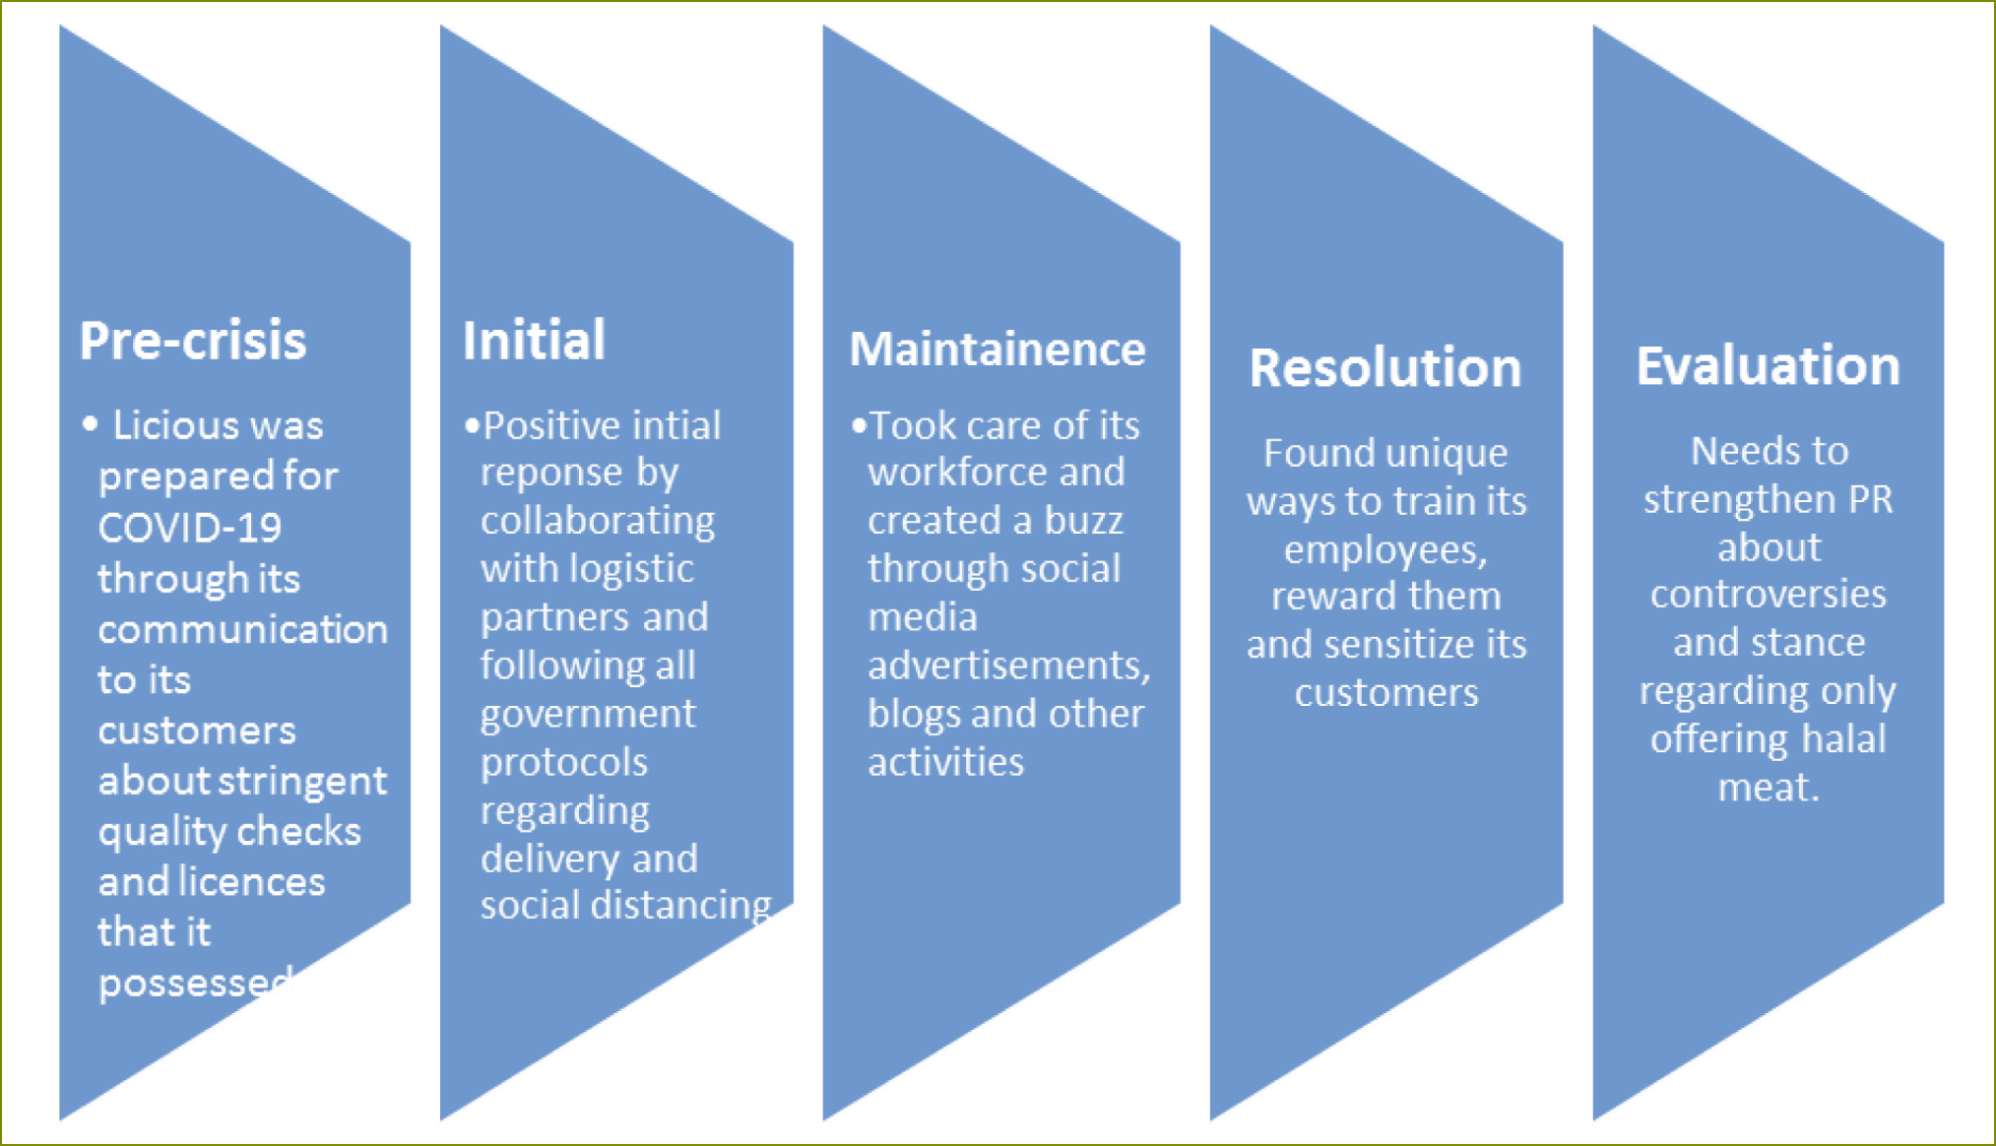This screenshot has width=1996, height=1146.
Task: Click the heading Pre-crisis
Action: click(193, 341)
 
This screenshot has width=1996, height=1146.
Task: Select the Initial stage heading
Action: click(534, 341)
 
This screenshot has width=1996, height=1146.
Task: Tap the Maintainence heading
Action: click(998, 349)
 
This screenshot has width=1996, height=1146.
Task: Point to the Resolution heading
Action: click(1385, 367)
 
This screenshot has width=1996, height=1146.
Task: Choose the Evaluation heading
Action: click(1769, 365)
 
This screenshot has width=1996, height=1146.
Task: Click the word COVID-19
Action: click(190, 528)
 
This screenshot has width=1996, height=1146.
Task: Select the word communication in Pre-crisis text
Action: click(243, 629)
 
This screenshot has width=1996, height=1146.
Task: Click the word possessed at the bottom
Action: click(196, 983)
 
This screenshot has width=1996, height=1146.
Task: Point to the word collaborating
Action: click(598, 521)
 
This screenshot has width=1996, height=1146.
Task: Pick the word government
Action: click(588, 714)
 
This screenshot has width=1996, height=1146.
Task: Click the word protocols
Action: click(564, 762)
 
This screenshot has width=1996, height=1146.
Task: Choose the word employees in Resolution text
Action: click(1385, 549)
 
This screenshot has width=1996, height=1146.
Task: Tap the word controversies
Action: click(1769, 595)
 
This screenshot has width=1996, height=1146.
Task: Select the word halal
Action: click(1842, 739)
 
